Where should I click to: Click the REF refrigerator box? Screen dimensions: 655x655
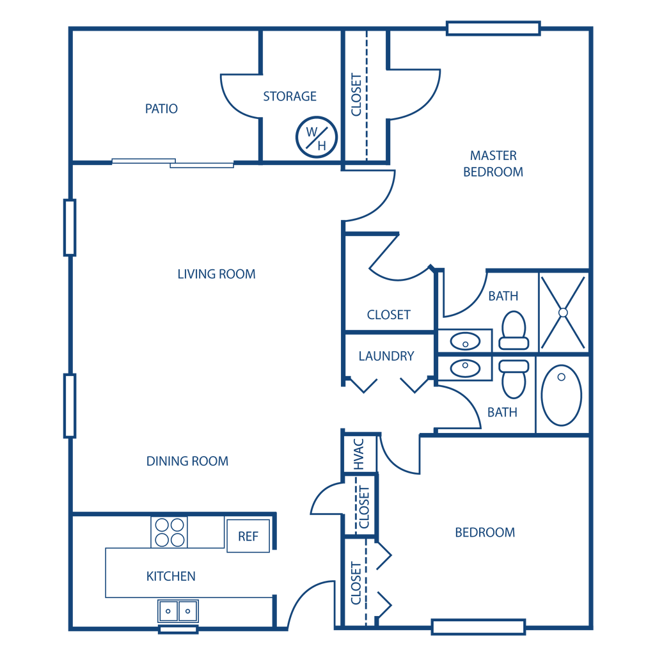click(248, 535)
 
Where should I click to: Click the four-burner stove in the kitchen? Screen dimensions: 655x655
click(170, 532)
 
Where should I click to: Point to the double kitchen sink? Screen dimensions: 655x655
click(178, 612)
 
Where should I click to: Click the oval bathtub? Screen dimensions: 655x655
click(562, 395)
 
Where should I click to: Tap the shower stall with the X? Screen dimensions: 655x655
click(563, 312)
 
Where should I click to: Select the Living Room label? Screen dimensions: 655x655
click(217, 274)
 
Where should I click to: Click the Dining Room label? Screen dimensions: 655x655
click(187, 461)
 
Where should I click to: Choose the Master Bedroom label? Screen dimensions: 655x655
click(493, 164)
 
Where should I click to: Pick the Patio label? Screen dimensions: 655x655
click(161, 109)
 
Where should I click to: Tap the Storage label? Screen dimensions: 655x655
click(290, 97)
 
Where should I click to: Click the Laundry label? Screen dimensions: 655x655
click(387, 356)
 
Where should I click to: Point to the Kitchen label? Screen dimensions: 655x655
click(170, 576)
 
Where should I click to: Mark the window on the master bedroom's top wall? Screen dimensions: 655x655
click(493, 28)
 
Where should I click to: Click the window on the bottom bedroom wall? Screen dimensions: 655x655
click(478, 627)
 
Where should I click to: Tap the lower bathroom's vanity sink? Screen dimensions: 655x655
click(465, 368)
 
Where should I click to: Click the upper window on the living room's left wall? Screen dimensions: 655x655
click(70, 227)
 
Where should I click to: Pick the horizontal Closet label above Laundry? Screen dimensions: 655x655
click(389, 314)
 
